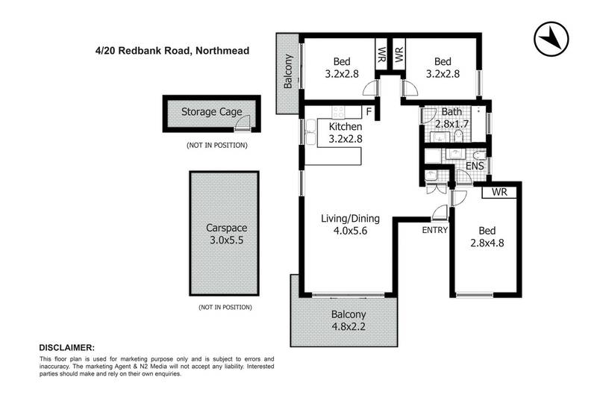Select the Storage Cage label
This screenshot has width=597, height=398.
(x=212, y=113)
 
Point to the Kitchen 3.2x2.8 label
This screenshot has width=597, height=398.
(x=345, y=132)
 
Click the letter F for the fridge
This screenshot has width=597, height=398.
(x=368, y=113)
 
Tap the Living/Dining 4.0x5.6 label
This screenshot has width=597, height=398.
(x=351, y=225)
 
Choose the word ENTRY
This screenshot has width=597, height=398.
(x=434, y=229)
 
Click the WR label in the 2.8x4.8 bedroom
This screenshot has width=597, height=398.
(x=499, y=192)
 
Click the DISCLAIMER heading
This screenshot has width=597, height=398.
(x=66, y=348)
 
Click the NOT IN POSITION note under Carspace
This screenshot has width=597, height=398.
(x=225, y=307)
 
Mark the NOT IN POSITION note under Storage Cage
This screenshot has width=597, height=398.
(x=217, y=145)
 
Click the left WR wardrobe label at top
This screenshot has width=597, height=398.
(x=381, y=55)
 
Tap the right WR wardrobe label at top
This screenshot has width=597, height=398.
(x=398, y=55)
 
